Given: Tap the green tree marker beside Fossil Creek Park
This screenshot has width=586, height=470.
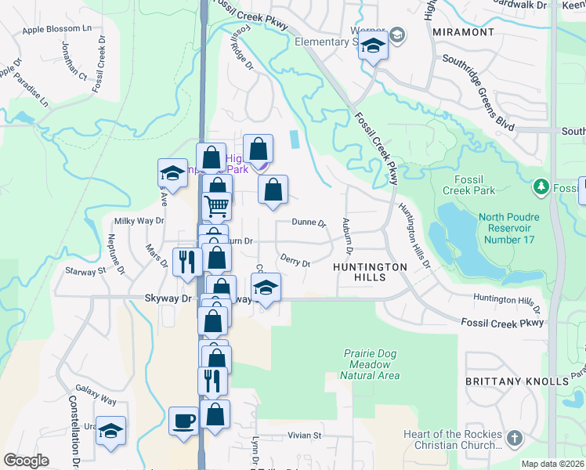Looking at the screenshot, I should tap(540, 187).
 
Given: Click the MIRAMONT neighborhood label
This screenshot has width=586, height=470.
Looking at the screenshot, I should tap(463, 32).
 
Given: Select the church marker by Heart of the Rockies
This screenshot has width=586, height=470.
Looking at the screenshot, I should tap(514, 438).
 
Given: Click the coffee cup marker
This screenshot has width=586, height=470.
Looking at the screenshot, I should tap(184, 421).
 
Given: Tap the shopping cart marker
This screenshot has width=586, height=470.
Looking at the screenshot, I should tap(216, 206).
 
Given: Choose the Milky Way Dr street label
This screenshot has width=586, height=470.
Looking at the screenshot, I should tap(139, 222).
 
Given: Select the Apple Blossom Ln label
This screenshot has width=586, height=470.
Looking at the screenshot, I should tap(57, 29).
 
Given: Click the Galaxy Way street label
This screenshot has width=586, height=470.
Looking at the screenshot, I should tap(96, 395).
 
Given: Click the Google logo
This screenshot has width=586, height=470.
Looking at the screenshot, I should tap(27, 461).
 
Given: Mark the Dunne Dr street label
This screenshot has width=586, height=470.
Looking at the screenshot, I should tap(309, 222).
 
